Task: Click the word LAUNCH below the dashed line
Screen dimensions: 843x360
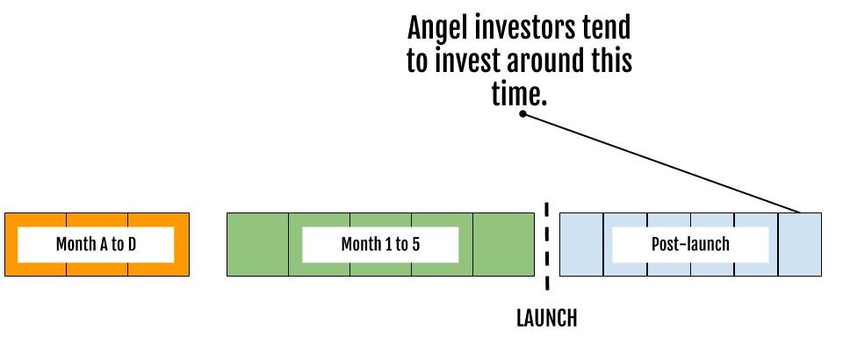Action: (547, 318)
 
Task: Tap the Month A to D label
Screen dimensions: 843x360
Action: (97, 244)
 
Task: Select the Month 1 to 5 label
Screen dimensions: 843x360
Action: (380, 244)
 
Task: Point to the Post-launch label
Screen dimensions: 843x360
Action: (690, 244)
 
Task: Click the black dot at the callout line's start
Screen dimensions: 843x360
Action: (522, 113)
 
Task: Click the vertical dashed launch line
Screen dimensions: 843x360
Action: (547, 247)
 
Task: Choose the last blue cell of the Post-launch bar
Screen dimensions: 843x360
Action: (799, 244)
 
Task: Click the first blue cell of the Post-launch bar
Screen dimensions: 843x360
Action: (581, 244)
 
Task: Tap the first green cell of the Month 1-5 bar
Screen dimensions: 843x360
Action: (257, 244)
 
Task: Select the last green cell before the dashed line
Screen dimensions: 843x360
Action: (504, 244)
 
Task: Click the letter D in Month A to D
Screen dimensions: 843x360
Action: (132, 244)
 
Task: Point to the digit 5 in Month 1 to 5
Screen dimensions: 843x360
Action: (416, 244)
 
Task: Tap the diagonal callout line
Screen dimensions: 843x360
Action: (661, 163)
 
